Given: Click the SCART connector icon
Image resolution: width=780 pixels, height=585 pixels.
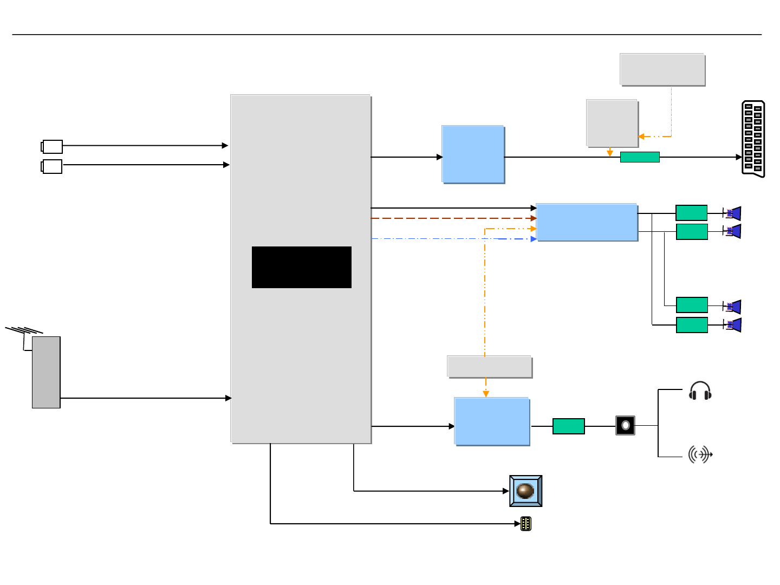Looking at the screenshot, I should click(753, 139).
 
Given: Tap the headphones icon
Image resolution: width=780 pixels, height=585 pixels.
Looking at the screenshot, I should click(700, 391).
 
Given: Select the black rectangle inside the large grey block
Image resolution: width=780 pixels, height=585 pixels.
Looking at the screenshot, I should click(301, 267).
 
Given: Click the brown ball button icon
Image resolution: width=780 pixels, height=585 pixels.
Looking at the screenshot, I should click(525, 491).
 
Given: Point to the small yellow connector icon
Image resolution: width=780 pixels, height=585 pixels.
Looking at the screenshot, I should click(525, 524).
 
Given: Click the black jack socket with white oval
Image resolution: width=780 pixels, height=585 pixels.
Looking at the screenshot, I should click(625, 425).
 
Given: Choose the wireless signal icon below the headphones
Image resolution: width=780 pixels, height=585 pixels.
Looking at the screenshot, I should click(700, 454).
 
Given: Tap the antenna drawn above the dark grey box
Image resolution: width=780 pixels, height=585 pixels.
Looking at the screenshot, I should click(24, 331).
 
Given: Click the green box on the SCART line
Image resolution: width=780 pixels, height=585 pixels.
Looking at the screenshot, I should click(640, 157).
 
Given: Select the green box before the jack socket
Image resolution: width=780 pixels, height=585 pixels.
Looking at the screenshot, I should click(568, 426).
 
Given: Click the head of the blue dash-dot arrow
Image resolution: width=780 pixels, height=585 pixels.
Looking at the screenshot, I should click(534, 239).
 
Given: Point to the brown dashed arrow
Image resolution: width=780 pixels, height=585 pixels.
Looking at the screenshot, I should click(452, 218).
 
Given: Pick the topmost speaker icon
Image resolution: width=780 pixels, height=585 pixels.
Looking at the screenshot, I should click(733, 213).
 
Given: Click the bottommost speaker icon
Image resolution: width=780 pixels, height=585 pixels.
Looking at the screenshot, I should click(733, 325).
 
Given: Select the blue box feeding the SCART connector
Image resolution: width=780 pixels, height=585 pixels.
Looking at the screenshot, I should click(473, 154).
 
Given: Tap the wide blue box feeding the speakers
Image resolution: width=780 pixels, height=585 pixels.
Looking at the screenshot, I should click(586, 222).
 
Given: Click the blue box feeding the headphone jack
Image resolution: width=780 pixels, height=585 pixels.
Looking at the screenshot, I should click(492, 421).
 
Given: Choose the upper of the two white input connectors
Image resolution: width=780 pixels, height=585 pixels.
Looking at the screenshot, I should click(52, 146).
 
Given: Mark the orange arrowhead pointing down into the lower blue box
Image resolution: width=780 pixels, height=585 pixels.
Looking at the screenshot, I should click(486, 394).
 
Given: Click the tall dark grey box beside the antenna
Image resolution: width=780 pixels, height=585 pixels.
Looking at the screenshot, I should click(46, 372).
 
